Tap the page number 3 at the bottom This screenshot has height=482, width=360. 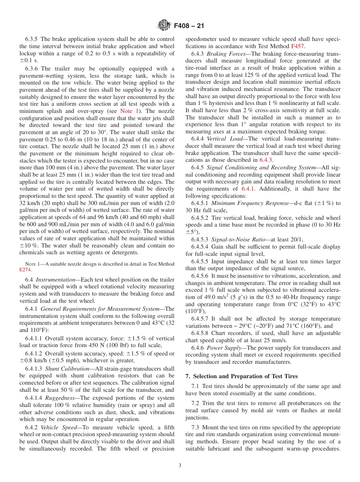click(x=180, y=466)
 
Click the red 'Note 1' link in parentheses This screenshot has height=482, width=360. click(x=129, y=111)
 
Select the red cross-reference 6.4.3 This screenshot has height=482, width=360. click(x=266, y=160)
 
